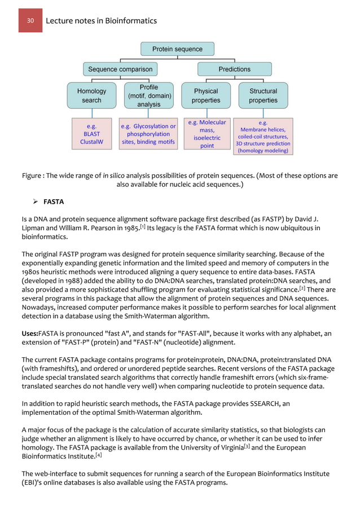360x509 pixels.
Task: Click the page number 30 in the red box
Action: [30, 21]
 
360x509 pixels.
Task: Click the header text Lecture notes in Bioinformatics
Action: [101, 21]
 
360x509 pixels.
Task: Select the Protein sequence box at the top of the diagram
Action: [177, 49]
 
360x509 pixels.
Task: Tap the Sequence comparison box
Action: [120, 69]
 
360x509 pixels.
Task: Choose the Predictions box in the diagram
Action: [234, 69]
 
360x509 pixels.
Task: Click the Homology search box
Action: [91, 95]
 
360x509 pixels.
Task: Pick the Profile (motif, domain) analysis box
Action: [148, 95]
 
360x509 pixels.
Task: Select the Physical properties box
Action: [206, 95]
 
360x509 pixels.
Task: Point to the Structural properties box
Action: [263, 95]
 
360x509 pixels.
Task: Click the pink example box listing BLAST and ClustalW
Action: [91, 134]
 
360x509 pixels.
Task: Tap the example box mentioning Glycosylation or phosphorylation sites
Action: [148, 134]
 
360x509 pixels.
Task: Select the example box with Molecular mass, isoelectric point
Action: [207, 134]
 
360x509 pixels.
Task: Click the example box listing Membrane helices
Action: [263, 136]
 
